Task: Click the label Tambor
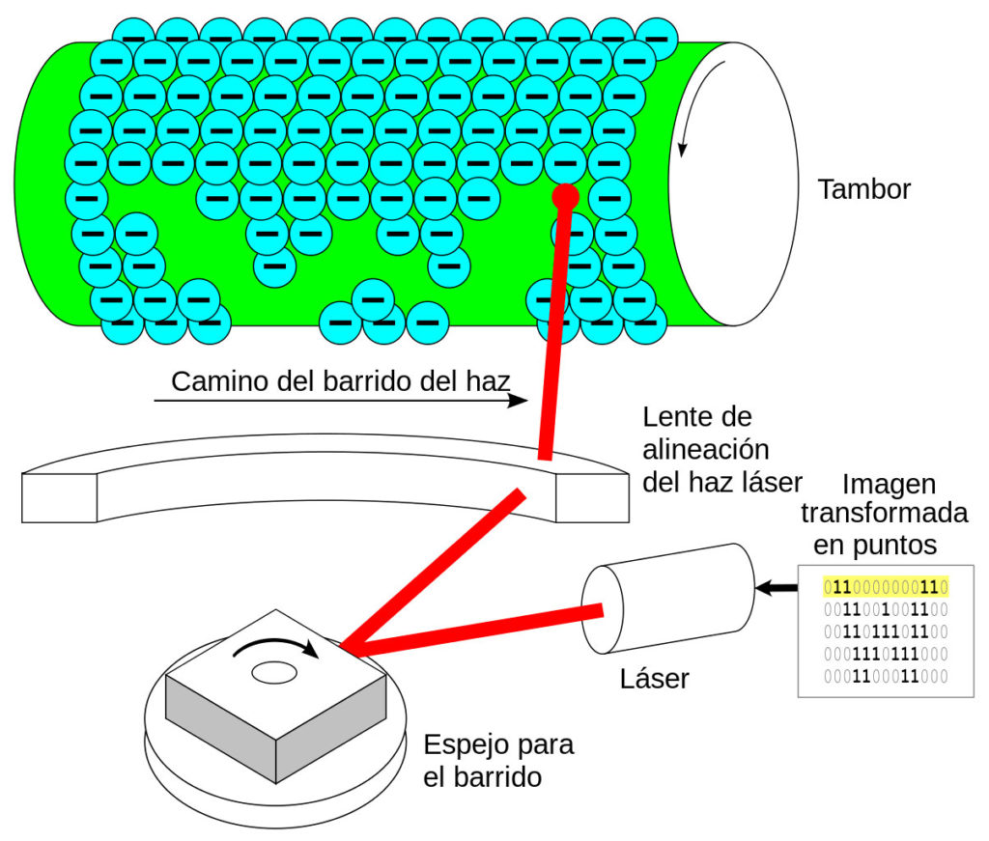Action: click(863, 189)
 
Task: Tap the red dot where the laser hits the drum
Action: click(565, 197)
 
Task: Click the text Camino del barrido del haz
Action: click(339, 381)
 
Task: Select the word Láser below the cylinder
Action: click(654, 679)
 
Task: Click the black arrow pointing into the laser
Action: click(776, 587)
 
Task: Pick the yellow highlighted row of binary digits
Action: click(886, 586)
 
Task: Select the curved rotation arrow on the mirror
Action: click(280, 645)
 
